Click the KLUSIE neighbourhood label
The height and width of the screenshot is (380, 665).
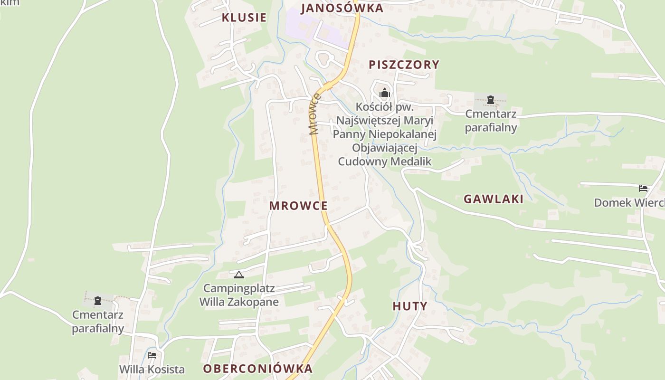click(244, 18)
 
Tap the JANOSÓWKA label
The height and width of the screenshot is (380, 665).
click(342, 8)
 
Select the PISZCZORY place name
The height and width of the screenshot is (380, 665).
click(404, 65)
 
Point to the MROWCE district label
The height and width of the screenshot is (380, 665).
click(298, 206)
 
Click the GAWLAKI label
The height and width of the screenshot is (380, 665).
click(494, 199)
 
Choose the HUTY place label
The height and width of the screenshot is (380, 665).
click(410, 306)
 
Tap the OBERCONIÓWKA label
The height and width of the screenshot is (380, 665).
click(258, 369)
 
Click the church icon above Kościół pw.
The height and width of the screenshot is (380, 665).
click(385, 92)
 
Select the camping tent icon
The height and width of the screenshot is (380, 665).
click(238, 274)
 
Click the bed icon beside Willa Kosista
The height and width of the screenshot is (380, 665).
click(152, 355)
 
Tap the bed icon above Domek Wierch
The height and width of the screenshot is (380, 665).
click(643, 188)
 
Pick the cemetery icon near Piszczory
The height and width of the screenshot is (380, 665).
click(491, 100)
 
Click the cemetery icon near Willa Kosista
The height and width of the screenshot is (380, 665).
click(98, 300)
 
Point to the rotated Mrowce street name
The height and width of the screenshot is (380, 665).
click(314, 114)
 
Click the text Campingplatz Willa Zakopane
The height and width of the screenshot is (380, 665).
click(239, 295)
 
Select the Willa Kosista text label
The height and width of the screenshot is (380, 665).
click(152, 369)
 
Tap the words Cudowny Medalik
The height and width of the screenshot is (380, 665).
click(385, 161)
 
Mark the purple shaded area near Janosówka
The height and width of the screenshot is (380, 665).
click(304, 24)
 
